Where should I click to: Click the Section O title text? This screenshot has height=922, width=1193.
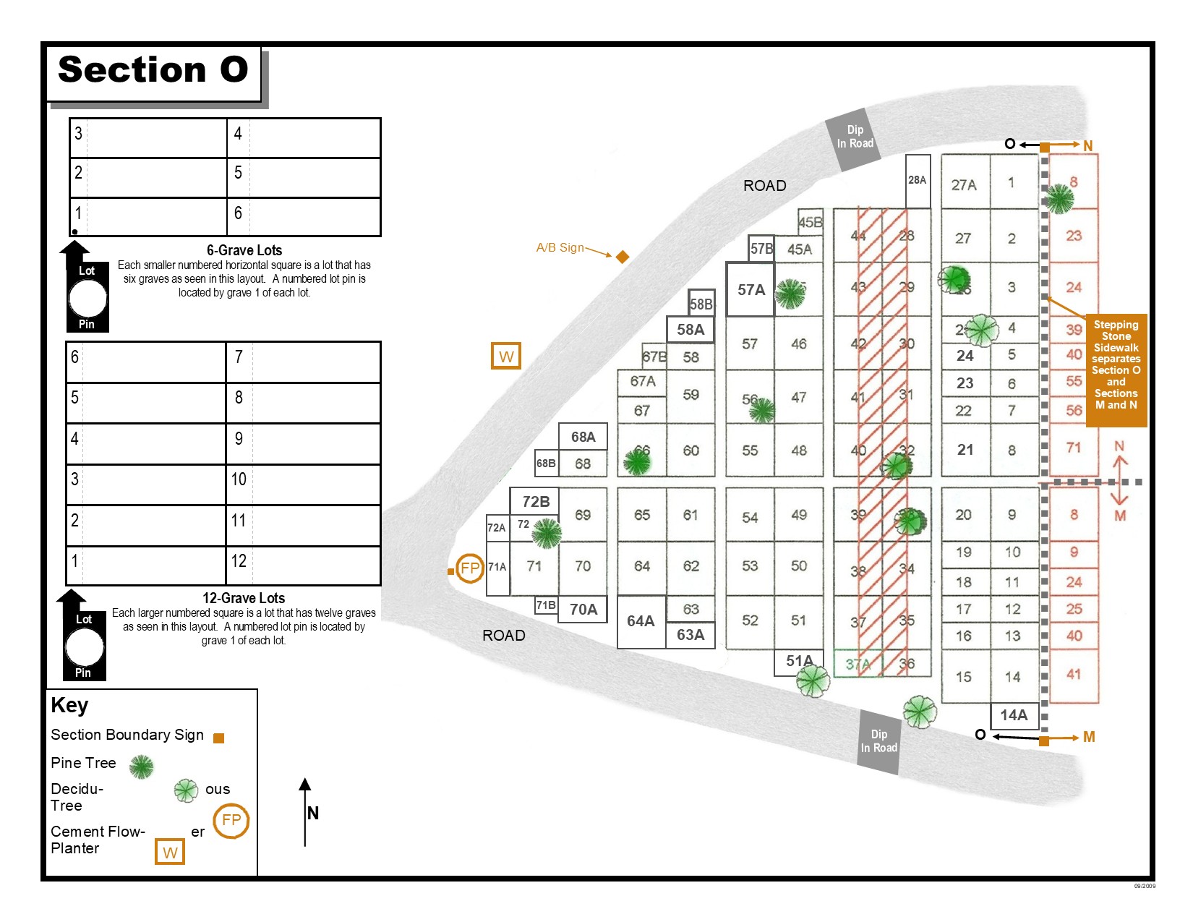click(x=153, y=70)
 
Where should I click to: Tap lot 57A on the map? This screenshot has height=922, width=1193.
click(x=751, y=290)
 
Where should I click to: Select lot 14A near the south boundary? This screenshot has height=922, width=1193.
click(x=1014, y=715)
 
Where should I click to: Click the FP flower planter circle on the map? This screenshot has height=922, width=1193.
click(x=470, y=568)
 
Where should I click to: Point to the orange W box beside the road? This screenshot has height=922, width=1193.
click(x=506, y=356)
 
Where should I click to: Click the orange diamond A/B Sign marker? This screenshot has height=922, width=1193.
click(x=623, y=257)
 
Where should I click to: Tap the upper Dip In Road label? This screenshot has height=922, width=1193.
click(x=855, y=137)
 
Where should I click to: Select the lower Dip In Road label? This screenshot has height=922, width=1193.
click(x=878, y=741)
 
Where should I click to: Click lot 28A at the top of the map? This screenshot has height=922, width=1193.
click(x=917, y=181)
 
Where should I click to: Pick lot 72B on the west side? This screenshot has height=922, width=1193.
click(x=536, y=502)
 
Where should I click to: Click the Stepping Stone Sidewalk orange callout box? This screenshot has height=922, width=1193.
click(x=1116, y=365)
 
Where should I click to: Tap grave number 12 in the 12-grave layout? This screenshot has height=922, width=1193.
click(x=239, y=561)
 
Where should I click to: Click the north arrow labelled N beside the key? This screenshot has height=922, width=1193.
click(x=306, y=811)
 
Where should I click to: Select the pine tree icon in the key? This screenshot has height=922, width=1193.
click(x=141, y=767)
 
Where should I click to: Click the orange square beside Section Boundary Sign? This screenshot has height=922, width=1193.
click(x=219, y=738)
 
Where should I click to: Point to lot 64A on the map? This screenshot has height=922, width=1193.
click(x=641, y=621)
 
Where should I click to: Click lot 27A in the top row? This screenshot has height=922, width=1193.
click(x=964, y=185)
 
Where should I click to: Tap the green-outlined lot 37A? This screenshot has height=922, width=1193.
click(x=858, y=664)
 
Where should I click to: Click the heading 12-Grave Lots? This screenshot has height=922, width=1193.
click(x=244, y=598)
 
